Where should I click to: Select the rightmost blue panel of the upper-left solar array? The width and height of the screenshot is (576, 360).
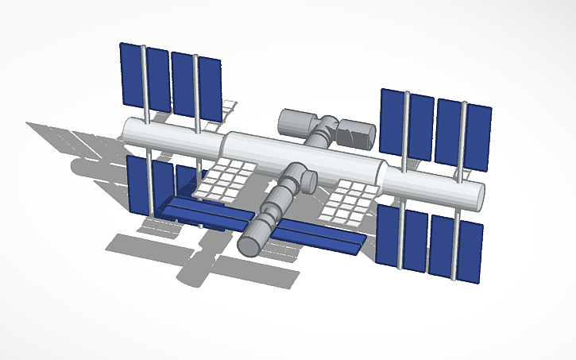coord(210,91)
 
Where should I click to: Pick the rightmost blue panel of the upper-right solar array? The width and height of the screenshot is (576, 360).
coord(478,138)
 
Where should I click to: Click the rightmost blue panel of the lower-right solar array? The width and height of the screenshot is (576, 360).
coord(470,251)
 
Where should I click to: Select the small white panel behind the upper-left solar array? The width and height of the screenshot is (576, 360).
coord(230,108)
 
